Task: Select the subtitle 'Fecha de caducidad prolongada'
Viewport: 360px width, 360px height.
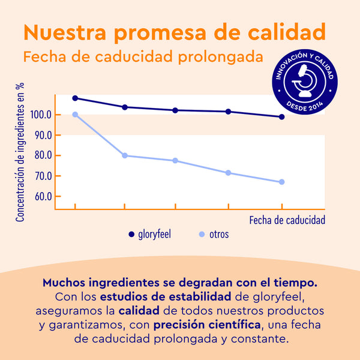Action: pyautogui.click(x=143, y=58)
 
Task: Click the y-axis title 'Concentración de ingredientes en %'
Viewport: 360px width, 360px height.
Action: pyautogui.click(x=21, y=153)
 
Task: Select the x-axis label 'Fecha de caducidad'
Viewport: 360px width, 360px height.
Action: pyautogui.click(x=287, y=220)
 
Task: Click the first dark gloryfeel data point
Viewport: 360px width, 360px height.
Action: pyautogui.click(x=75, y=98)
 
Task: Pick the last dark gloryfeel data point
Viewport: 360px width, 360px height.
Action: pyautogui.click(x=281, y=117)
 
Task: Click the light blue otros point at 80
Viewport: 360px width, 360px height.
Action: pyautogui.click(x=125, y=155)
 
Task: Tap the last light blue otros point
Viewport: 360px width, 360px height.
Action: pyautogui.click(x=281, y=182)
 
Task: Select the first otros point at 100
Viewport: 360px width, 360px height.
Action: pyautogui.click(x=75, y=115)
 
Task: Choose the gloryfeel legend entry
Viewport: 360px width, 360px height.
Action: pyautogui.click(x=150, y=234)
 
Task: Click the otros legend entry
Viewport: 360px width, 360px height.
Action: pyautogui.click(x=214, y=234)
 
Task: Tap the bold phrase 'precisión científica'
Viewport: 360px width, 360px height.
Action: pyautogui.click(x=207, y=325)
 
